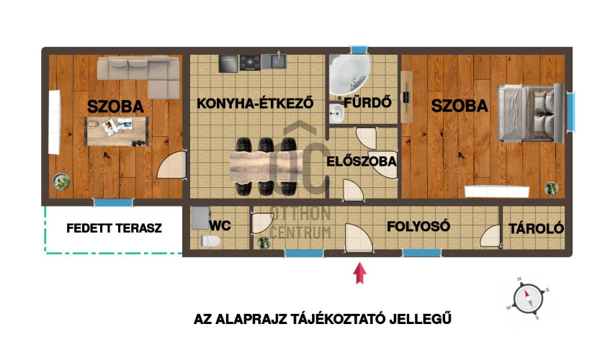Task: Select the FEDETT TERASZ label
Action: point(114,228)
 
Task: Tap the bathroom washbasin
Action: point(336,112)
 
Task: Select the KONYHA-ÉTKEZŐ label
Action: point(256,103)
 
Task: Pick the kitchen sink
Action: point(277,62)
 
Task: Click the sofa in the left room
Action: point(140,75)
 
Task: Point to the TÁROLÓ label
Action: point(536,228)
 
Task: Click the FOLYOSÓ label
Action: point(418,226)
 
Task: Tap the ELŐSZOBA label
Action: point(362,161)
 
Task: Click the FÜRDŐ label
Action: point(367,102)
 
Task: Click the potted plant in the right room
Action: point(551,189)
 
